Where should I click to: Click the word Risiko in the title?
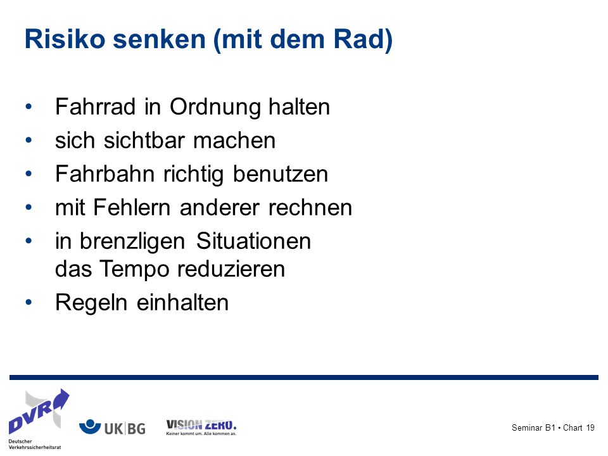point(65,39)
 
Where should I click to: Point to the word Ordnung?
point(215,108)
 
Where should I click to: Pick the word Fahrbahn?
point(104,174)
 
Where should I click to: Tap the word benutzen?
point(281,174)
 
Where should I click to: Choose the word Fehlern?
point(132,208)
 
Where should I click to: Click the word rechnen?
point(310,208)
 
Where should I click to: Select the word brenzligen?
point(132,242)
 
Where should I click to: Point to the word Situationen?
point(253,241)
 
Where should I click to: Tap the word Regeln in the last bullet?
point(91,303)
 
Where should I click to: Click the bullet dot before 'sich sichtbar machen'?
point(28,140)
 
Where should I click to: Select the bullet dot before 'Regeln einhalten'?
point(28,302)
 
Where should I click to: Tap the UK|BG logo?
point(112,428)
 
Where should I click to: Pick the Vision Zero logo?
point(201,427)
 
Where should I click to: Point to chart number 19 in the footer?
point(590,427)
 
